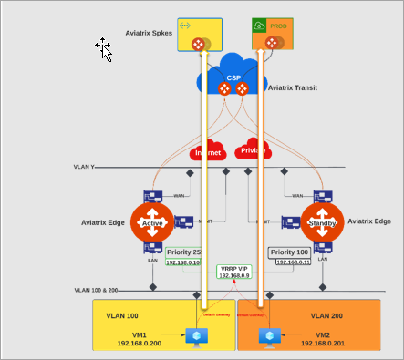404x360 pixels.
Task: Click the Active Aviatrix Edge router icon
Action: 151,222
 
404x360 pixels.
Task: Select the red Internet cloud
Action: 208,149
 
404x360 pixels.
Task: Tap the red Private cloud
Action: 253,149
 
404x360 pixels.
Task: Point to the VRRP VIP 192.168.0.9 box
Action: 233,272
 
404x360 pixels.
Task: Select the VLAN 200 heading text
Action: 329,314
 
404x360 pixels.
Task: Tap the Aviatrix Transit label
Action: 294,88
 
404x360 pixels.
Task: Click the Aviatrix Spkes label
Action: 150,33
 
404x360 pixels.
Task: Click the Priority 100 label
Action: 289,252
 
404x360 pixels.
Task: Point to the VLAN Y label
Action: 85,168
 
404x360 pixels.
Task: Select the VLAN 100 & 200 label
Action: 98,290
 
